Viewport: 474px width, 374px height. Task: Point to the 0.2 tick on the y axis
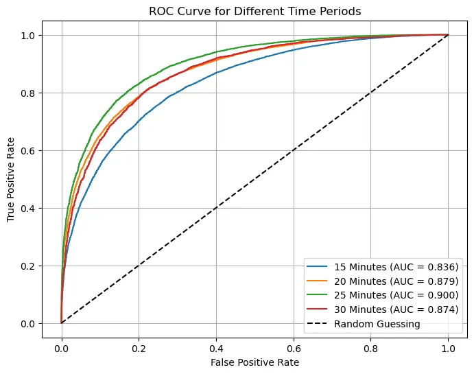(29, 266)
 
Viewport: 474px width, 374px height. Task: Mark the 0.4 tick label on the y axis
(29, 208)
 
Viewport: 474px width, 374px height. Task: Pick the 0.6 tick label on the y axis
(29, 150)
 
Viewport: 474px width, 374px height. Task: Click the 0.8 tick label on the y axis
(29, 93)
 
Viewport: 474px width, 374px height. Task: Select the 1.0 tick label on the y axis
(29, 35)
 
